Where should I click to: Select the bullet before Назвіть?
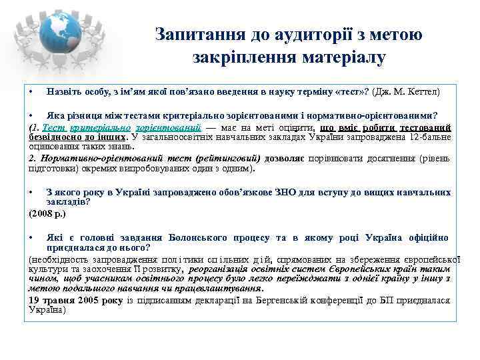click(31, 89)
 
